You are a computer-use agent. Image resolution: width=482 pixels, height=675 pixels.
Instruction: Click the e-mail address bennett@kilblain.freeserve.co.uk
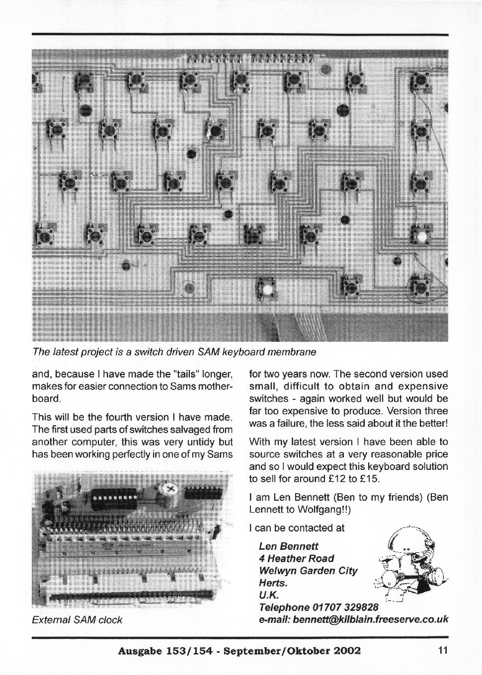[371, 619]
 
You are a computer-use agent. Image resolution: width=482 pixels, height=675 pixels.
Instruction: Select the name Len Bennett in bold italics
[289, 546]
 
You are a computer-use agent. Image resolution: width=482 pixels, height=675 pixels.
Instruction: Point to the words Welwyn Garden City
[308, 571]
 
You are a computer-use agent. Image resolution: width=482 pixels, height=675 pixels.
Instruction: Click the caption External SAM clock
[77, 620]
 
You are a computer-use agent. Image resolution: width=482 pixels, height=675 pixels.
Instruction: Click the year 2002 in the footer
[343, 650]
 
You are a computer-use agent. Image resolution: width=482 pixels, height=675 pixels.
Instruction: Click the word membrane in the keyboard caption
[292, 352]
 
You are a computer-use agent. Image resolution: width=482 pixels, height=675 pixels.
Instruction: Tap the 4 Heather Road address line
[297, 559]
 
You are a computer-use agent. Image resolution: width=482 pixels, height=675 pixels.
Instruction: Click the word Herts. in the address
[273, 583]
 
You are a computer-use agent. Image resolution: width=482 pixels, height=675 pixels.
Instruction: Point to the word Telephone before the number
[284, 607]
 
